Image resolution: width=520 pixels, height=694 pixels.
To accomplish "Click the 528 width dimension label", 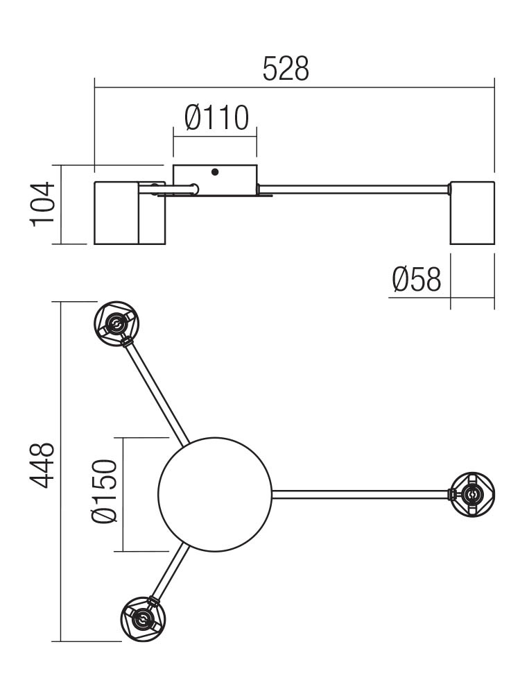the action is (x=286, y=69).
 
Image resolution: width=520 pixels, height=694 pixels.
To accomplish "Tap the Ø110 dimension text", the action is (x=216, y=118).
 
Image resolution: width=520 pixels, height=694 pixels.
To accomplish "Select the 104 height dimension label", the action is (x=43, y=204).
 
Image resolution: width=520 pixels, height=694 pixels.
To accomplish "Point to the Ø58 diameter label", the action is (x=417, y=279).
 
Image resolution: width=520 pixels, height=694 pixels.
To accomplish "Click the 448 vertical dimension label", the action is (x=42, y=465).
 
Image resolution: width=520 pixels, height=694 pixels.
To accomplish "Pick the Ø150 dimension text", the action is (x=105, y=491).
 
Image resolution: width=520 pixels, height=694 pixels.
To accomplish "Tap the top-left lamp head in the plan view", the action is (x=116, y=324).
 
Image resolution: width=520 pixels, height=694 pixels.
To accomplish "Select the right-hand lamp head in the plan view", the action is (x=472, y=494).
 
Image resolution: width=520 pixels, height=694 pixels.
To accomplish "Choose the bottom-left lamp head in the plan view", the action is (x=143, y=619).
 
